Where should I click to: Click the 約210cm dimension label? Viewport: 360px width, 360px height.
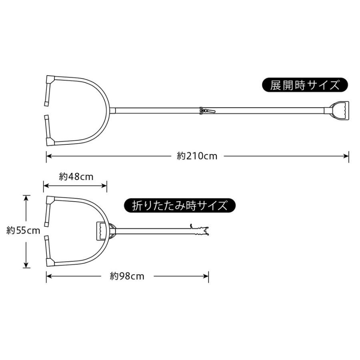[x=197, y=156]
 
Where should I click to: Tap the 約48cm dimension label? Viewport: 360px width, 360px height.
[x=76, y=176]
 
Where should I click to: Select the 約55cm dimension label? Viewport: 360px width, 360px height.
[x=24, y=231]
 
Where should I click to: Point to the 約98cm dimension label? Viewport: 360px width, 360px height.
[x=127, y=276]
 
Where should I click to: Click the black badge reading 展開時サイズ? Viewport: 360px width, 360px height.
[x=305, y=86]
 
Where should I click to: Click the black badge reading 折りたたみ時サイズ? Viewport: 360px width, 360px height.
[x=179, y=206]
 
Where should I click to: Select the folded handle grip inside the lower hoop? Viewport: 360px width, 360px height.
[x=102, y=231]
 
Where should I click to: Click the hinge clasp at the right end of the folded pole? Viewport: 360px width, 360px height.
[x=201, y=231]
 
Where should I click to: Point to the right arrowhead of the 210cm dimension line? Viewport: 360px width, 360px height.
[x=346, y=156]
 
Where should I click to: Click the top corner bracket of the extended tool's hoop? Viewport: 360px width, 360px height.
[x=50, y=78]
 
